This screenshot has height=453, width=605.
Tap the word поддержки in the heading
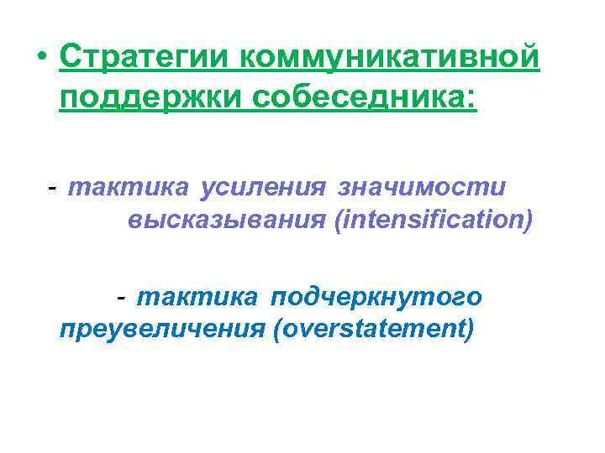(148, 98)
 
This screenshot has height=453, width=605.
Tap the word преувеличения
(161, 330)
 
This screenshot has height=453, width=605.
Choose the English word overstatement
(372, 330)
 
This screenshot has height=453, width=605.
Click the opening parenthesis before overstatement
(276, 330)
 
